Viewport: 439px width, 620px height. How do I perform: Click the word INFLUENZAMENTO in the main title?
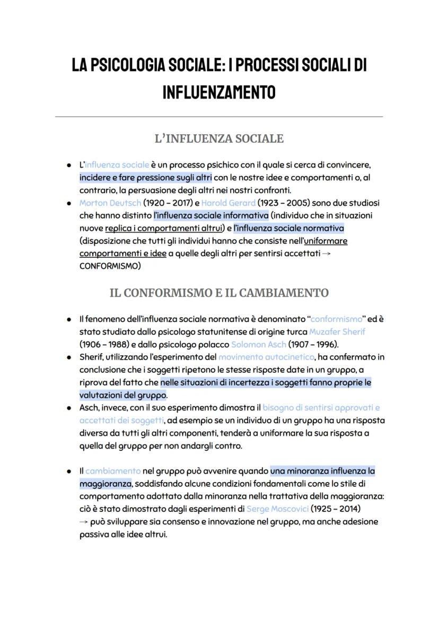tap(219, 92)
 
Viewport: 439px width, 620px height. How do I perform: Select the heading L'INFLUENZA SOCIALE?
tap(219, 139)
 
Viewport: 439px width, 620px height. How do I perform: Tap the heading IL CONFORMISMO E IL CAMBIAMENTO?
tap(219, 293)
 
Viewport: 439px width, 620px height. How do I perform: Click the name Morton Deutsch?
tap(110, 203)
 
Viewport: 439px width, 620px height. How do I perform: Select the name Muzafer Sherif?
tap(344, 331)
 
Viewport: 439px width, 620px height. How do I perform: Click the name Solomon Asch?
tap(258, 344)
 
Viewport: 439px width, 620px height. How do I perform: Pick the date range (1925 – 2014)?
tap(338, 509)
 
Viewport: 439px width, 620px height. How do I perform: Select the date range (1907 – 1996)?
tap(313, 344)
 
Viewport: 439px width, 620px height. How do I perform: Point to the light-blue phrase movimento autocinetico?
tap(266, 357)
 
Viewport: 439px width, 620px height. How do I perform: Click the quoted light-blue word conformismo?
tap(336, 319)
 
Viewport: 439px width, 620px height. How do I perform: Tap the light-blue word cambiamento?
tap(113, 471)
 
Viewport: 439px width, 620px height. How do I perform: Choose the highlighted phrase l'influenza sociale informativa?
tap(211, 215)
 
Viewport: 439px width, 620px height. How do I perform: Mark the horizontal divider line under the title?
tap(219, 116)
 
